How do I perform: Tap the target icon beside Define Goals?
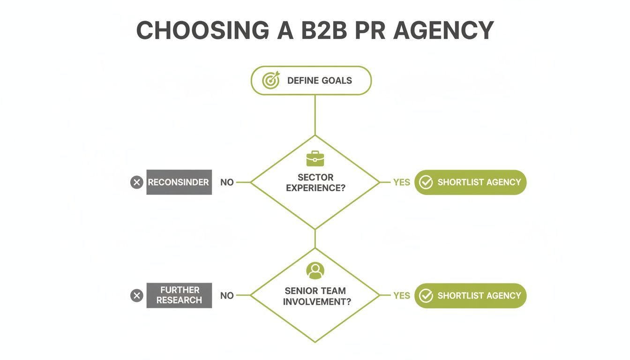point(271,80)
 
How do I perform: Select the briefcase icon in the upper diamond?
point(315,158)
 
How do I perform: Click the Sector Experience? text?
point(315,182)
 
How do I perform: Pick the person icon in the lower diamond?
point(315,270)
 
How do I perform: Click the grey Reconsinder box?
point(179,182)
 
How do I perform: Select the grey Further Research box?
point(179,295)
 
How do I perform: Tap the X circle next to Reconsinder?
point(136,182)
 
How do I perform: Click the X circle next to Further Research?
point(136,295)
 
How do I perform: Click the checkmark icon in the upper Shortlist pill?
point(426,182)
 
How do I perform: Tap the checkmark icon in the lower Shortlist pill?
point(426,295)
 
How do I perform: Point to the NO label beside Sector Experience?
point(227,182)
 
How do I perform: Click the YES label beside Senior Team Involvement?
point(402,295)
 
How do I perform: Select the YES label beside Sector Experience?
point(402,182)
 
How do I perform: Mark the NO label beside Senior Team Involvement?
point(227,295)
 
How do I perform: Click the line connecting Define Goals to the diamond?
point(315,115)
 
